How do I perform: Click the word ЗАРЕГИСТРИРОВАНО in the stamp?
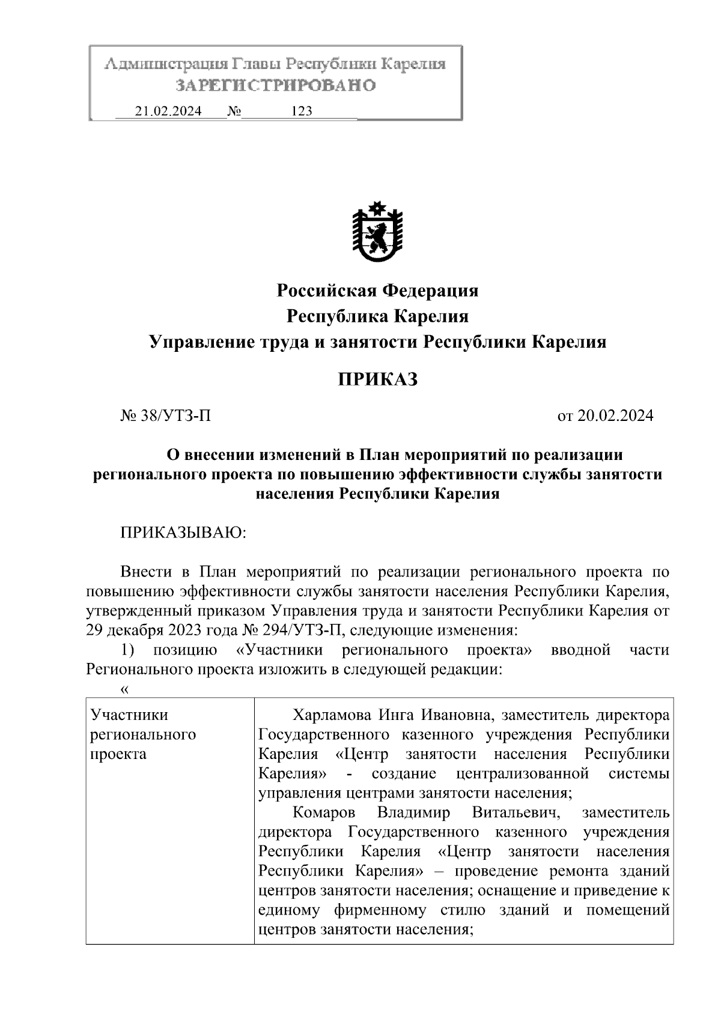(x=276, y=86)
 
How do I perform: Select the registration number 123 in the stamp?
(x=301, y=111)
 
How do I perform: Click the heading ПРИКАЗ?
(x=377, y=379)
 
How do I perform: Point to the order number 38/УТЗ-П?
(x=174, y=416)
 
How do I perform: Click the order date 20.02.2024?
(x=615, y=416)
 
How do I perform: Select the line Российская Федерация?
(x=377, y=291)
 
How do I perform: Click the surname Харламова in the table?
(x=332, y=715)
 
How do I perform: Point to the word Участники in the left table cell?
(x=129, y=715)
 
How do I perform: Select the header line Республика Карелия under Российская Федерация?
(x=377, y=316)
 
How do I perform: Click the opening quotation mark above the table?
(x=124, y=689)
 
